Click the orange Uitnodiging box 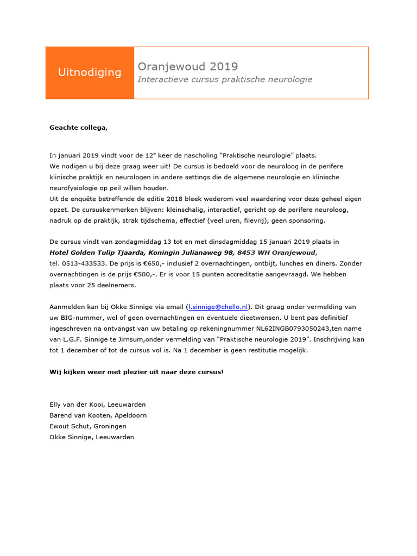(90, 73)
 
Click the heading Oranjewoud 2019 (188, 66)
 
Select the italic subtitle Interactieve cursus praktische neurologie (225, 79)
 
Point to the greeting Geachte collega (79, 128)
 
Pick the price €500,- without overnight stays (151, 274)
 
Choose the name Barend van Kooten (80, 415)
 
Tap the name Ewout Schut (69, 426)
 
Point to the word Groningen (111, 426)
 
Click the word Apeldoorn (130, 415)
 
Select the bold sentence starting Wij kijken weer (136, 372)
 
